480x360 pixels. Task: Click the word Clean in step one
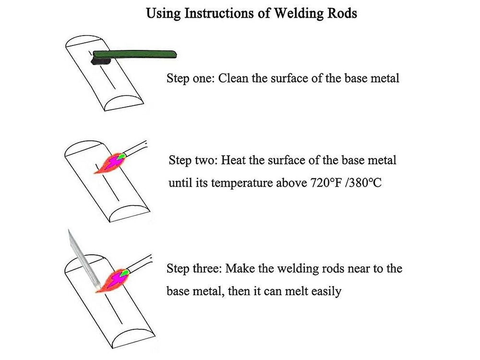coord(233,78)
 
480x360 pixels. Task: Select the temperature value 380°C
coord(364,183)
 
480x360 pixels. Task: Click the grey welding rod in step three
coord(82,259)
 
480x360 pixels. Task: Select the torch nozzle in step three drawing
coord(139,265)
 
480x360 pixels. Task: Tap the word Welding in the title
coord(297,13)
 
